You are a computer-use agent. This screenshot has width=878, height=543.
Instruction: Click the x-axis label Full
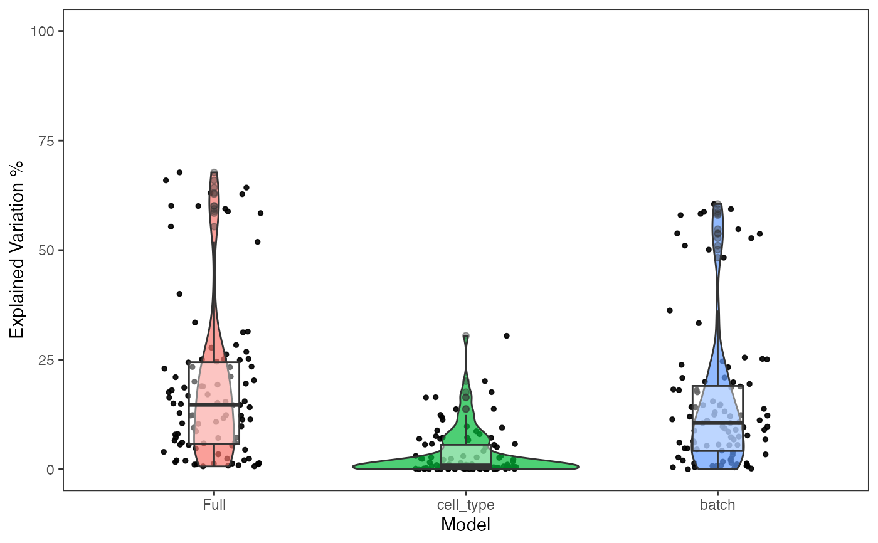pos(214,505)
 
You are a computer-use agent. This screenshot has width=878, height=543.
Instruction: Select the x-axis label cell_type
pos(465,505)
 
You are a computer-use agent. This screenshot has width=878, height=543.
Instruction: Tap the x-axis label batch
pos(717,505)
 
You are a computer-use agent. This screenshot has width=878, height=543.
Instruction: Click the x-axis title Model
pos(465,524)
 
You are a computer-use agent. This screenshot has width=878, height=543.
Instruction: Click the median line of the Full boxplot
pos(214,405)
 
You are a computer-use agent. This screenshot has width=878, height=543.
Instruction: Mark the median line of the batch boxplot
pos(717,423)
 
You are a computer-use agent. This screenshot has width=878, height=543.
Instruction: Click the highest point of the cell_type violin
pos(466,336)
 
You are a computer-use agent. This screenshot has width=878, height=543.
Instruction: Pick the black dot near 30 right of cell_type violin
pos(506,335)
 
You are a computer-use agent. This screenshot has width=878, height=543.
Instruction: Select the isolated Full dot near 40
pos(179,293)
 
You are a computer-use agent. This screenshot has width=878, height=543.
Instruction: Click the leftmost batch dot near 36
pos(670,310)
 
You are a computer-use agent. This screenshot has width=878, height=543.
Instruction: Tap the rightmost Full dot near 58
pos(260,213)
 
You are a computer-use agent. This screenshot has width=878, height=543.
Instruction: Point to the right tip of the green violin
pos(578,467)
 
